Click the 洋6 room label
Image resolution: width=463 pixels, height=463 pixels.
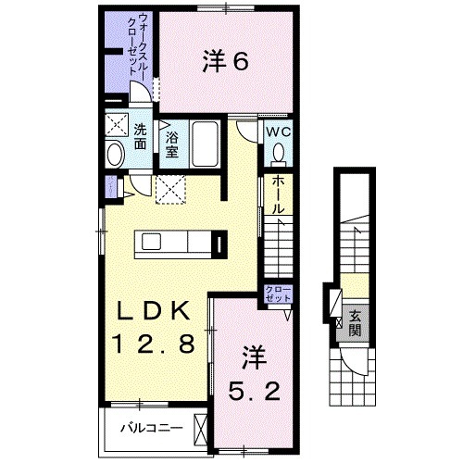[224, 62]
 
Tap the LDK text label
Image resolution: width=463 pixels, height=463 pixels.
[155, 310]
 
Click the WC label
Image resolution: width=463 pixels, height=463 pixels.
[280, 131]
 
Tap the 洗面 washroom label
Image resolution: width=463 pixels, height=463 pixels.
[139, 136]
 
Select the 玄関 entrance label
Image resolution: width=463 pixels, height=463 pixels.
[355, 323]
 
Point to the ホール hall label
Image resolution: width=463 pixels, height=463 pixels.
[277, 195]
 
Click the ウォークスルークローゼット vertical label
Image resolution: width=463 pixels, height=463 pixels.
[134, 46]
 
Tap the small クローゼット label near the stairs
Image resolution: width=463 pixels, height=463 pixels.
[276, 295]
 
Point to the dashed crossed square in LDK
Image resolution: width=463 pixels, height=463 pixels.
[170, 189]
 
